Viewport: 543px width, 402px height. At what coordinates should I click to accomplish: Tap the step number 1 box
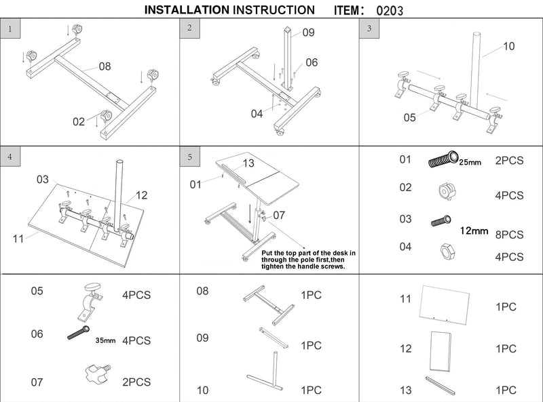(x=10, y=29)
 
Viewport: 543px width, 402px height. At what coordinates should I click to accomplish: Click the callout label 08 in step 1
(x=105, y=66)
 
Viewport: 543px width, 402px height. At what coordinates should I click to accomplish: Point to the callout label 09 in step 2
(x=308, y=33)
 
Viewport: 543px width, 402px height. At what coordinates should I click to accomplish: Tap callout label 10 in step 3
(x=508, y=47)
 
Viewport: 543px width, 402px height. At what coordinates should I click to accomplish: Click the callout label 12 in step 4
(x=141, y=195)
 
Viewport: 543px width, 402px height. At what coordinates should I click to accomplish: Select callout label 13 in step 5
(x=248, y=163)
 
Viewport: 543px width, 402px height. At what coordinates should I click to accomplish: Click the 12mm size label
(x=474, y=231)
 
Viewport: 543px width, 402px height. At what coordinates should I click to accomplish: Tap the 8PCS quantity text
(x=509, y=235)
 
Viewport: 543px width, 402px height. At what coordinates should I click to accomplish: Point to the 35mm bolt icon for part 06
(x=80, y=334)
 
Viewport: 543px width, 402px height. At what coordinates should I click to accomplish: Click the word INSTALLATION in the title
(x=187, y=10)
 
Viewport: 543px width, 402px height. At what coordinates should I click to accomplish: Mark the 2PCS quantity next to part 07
(x=136, y=382)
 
